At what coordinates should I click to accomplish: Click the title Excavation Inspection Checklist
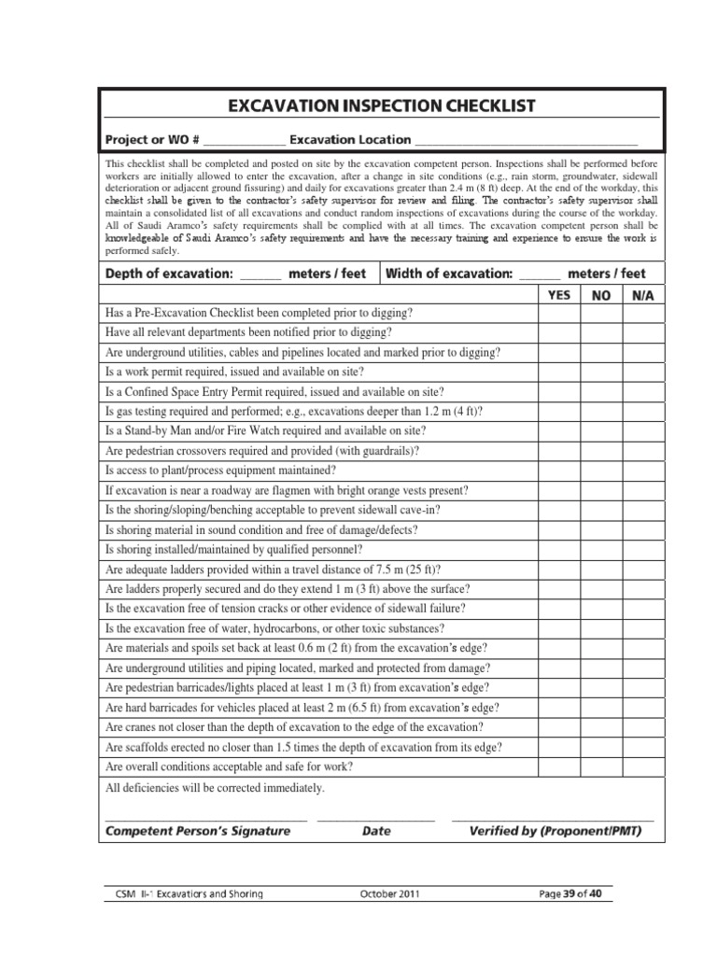(382, 105)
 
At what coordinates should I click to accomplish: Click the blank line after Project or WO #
(244, 140)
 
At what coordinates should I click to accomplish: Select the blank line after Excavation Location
(526, 140)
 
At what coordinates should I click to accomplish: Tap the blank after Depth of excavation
(260, 274)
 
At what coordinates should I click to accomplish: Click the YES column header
(558, 295)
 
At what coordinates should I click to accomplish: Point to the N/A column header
(642, 295)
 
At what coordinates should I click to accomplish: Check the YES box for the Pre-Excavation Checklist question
(558, 313)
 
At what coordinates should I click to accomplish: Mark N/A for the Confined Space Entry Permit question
(642, 391)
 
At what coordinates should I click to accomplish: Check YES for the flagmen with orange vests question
(558, 489)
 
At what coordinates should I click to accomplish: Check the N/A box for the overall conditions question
(642, 766)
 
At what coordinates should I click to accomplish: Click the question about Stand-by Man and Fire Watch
(266, 430)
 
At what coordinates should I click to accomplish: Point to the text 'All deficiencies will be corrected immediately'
(216, 788)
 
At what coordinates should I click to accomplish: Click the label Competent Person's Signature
(198, 830)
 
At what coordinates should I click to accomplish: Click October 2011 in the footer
(389, 893)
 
